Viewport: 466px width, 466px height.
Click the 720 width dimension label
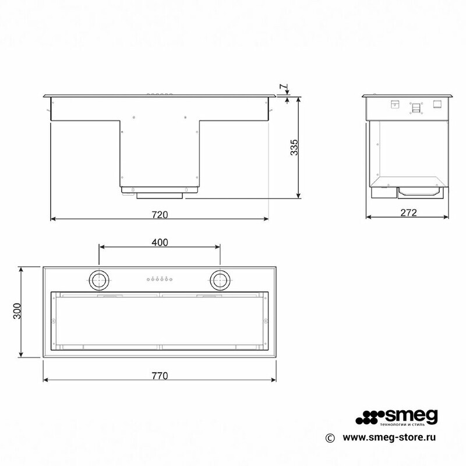[x=160, y=214]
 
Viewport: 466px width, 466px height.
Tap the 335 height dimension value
[x=295, y=147]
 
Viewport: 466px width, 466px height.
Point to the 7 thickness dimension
[x=284, y=88]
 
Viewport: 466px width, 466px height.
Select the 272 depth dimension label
[x=409, y=213]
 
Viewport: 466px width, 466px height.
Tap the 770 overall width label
[x=160, y=376]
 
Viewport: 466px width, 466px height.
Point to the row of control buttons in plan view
[x=160, y=280]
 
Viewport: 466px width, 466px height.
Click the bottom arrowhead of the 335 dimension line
[x=299, y=195]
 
